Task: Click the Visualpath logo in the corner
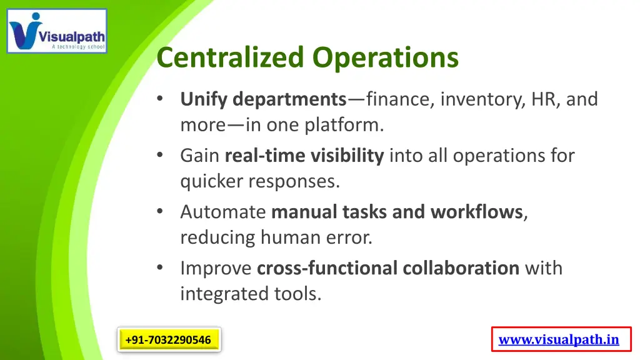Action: tap(57, 31)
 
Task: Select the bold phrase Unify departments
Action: tap(263, 99)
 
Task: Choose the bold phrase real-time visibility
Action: tap(304, 156)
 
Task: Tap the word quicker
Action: tap(212, 181)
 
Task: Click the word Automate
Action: tap(223, 212)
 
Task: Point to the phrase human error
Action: tap(316, 237)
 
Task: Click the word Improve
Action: tap(216, 268)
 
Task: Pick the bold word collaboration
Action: tap(461, 268)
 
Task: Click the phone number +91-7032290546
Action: tap(168, 340)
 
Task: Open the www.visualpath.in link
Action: tap(559, 340)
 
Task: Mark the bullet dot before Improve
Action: tap(161, 267)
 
